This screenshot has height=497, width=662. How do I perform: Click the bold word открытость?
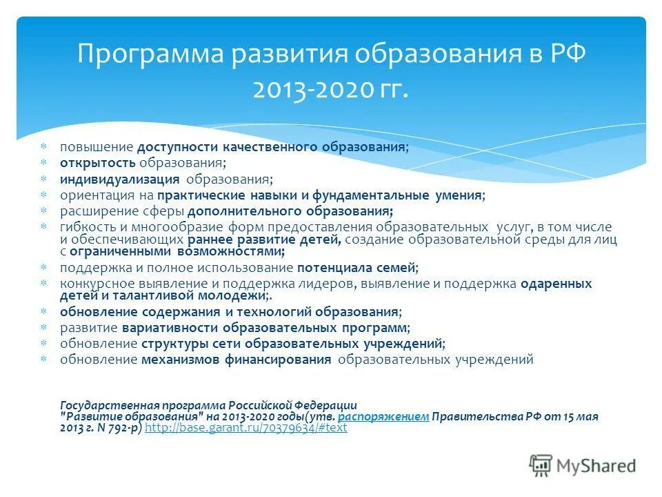tap(98, 163)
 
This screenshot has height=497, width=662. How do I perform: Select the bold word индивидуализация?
tap(119, 179)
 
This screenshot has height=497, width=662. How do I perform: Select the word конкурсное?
tap(92, 283)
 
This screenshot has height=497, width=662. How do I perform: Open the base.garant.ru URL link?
tap(246, 428)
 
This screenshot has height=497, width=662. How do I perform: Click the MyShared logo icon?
tap(541, 465)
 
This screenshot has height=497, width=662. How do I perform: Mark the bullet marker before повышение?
tap(43, 147)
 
